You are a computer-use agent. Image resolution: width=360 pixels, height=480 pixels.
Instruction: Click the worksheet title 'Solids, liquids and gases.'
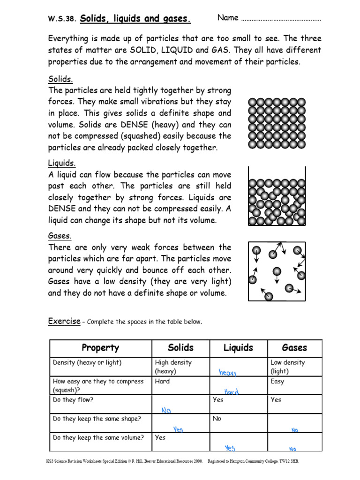point(136,19)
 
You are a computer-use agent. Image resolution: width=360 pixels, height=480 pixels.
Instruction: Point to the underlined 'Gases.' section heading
point(60,236)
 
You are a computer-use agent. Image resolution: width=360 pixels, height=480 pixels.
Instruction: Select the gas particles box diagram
point(277,271)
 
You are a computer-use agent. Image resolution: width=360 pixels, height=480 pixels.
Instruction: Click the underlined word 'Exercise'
point(64,321)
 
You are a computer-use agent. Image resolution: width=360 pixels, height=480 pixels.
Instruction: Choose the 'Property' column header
point(100,348)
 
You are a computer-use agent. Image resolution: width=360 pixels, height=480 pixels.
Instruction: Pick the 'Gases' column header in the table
point(294,348)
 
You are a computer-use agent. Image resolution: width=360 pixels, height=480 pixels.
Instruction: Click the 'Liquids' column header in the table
point(238,348)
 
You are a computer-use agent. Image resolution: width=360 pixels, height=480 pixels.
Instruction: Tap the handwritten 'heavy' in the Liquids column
point(228,372)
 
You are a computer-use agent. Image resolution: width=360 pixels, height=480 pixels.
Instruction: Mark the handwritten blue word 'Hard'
point(232,391)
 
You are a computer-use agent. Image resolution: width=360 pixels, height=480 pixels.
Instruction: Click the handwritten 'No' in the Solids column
point(166,410)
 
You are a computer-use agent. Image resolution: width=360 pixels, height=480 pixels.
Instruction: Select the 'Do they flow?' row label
point(73,400)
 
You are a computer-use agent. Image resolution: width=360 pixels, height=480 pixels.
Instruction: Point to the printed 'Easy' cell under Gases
point(277,382)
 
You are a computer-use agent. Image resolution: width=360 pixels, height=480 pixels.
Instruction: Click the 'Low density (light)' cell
point(287,367)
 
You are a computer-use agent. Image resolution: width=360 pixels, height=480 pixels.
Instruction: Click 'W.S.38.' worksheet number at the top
point(62,20)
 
